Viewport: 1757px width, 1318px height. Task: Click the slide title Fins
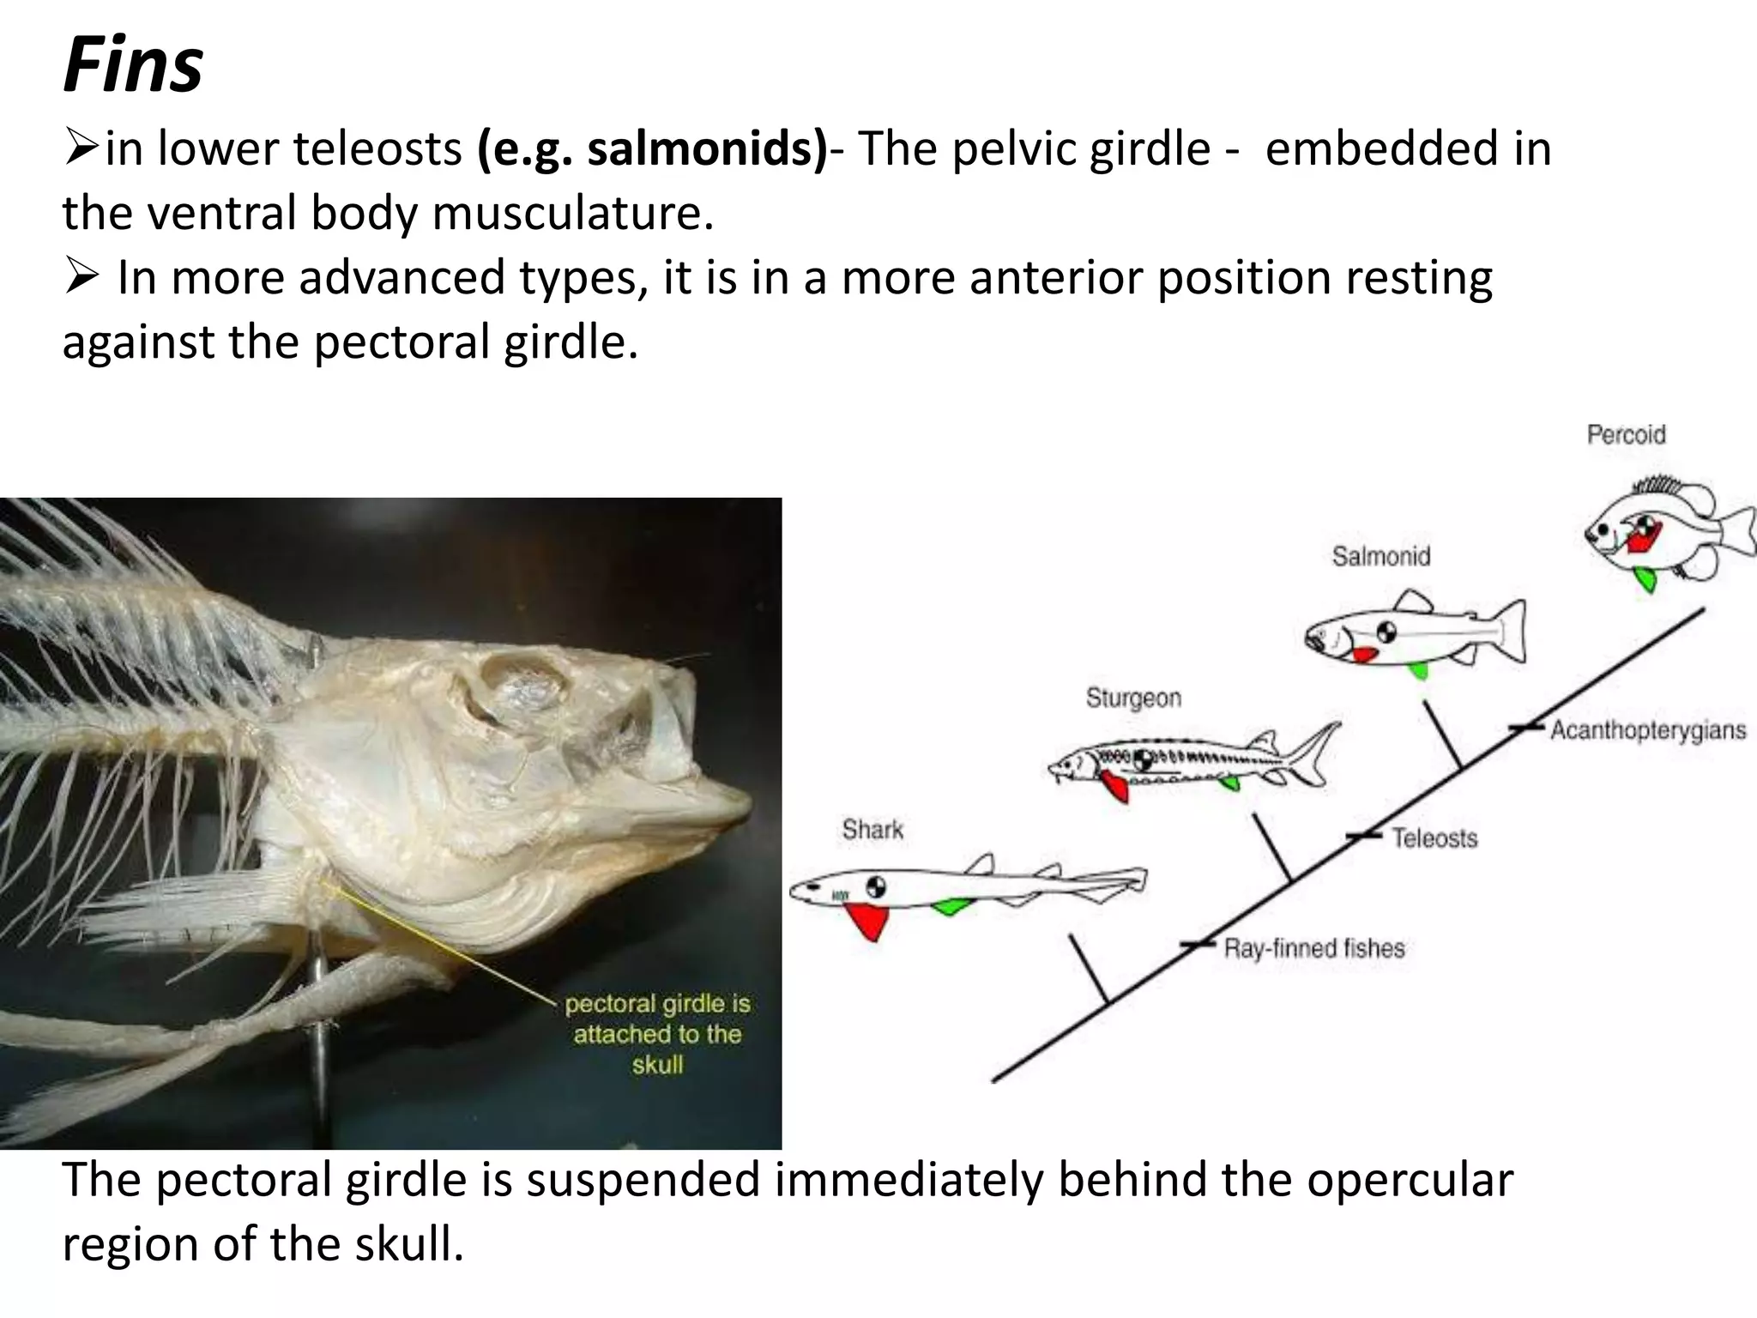[133, 67]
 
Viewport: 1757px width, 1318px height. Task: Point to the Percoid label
[1626, 435]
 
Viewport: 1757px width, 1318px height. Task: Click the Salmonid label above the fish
[1381, 557]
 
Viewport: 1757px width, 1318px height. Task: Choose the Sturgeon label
[1133, 698]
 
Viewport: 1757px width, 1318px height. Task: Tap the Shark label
[872, 830]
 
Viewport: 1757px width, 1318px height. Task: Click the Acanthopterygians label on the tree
[1647, 730]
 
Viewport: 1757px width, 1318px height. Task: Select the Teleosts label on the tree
[1434, 837]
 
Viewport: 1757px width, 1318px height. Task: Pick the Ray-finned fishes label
[1314, 948]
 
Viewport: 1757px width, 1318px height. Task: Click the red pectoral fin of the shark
[869, 921]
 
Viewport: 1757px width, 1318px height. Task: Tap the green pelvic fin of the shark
[951, 905]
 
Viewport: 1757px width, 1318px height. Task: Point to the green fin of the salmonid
[1419, 669]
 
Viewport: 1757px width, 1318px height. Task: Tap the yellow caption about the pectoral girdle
[657, 1034]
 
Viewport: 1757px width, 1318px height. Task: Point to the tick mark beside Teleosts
[1363, 835]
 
